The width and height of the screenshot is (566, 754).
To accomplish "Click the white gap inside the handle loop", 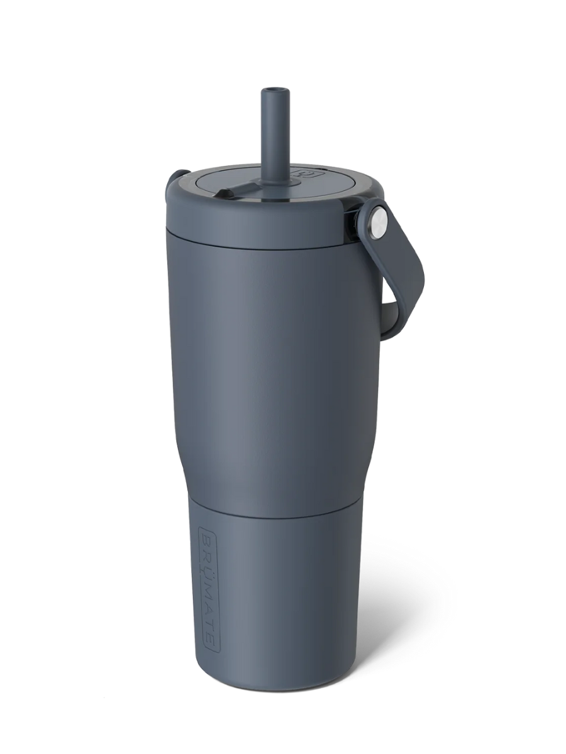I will click(391, 283).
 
